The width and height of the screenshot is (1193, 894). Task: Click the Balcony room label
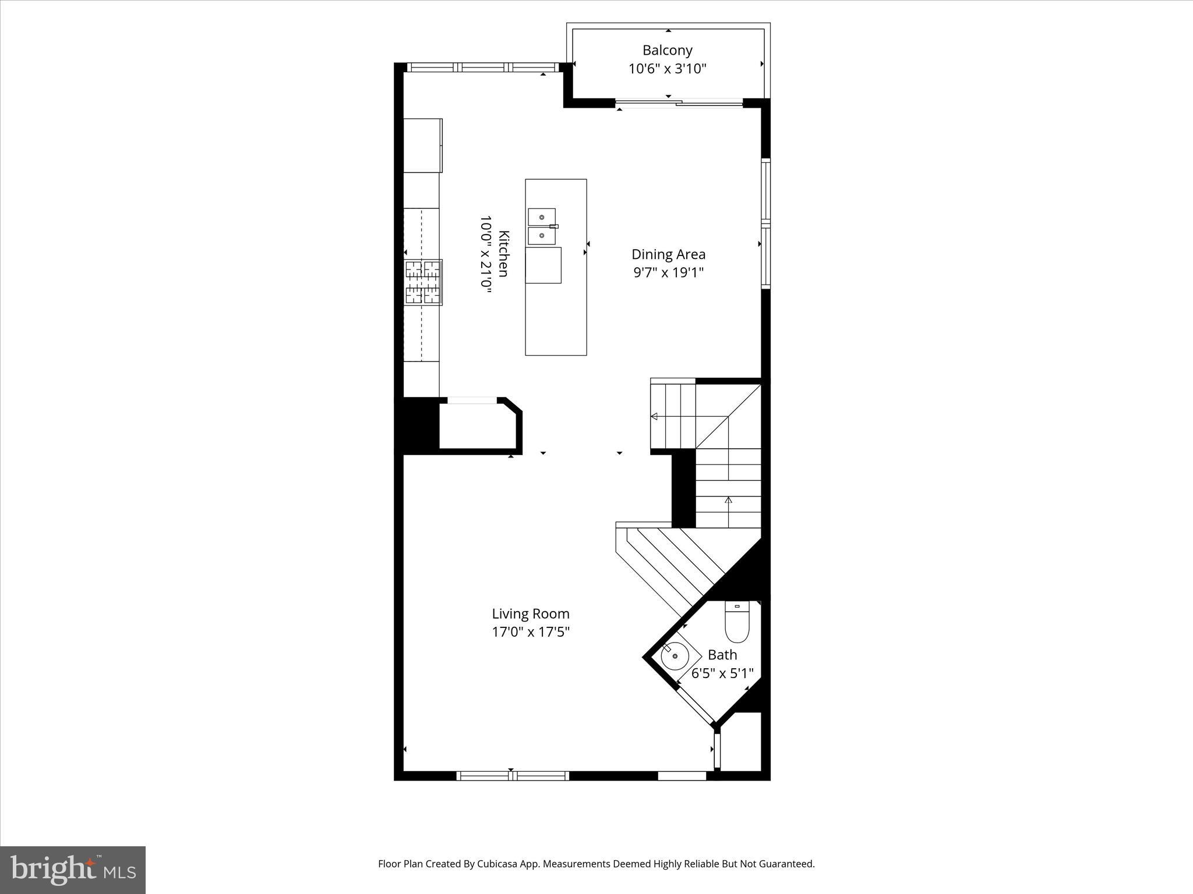667,50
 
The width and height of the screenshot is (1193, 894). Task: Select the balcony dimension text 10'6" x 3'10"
667,69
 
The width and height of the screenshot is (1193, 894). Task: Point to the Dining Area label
668,254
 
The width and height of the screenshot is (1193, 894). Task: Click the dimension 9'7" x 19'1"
668,272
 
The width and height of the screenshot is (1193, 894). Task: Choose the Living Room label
530,613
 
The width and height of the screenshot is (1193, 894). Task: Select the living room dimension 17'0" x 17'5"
530,632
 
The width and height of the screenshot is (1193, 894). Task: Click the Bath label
722,655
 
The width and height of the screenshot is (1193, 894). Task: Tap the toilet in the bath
737,621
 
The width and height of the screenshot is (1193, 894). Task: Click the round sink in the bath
675,656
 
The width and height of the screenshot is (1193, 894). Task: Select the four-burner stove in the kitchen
423,282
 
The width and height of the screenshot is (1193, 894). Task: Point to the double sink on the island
542,226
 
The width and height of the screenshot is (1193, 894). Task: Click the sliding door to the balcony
679,104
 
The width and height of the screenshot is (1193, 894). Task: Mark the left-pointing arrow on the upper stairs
654,416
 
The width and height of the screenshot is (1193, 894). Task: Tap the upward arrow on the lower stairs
728,500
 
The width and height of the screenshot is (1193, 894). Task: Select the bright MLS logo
73,870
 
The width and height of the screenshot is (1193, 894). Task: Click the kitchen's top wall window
482,68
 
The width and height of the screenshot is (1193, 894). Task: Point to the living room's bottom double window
512,775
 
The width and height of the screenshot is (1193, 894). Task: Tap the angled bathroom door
696,706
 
